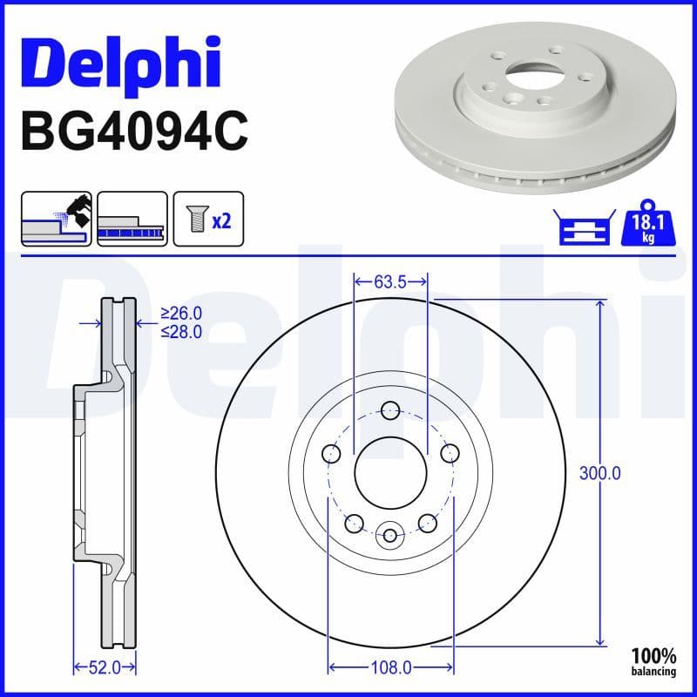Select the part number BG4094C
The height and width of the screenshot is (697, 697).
pos(135,132)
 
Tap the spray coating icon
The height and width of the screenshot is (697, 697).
pos(57,219)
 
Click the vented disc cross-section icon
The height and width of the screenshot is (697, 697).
pos(132,219)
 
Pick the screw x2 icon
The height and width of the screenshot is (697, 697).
pos(208,219)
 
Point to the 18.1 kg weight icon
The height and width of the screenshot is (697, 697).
pos(648,224)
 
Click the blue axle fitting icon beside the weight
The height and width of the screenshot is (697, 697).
pos(585,227)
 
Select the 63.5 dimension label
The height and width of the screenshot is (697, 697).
pos(390,281)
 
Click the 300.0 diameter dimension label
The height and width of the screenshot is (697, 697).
pos(599,473)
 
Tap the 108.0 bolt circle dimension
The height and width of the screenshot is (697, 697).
pos(390,667)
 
